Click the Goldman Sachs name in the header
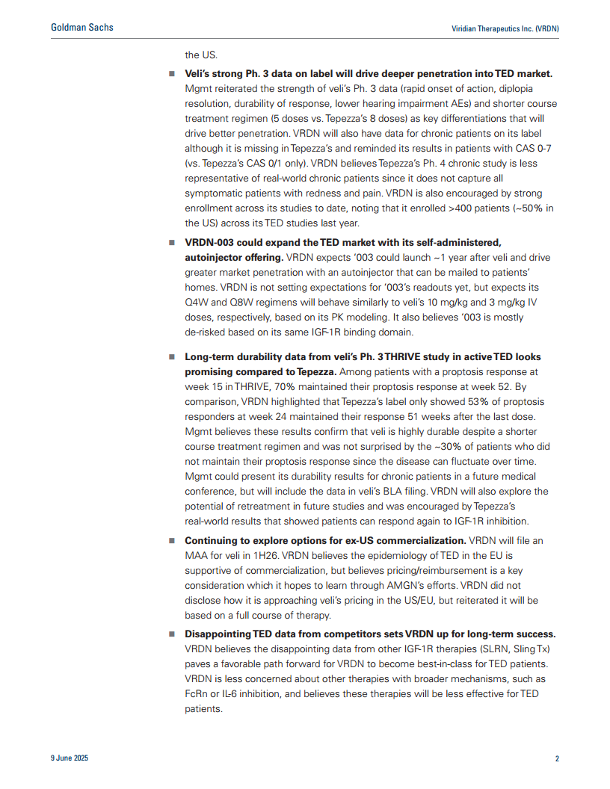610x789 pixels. coord(82,28)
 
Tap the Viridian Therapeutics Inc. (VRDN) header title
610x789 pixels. coord(505,28)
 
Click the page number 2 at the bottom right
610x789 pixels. coord(557,759)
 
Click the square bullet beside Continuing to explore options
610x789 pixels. coord(171,541)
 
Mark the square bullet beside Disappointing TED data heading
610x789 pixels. coord(171,634)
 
